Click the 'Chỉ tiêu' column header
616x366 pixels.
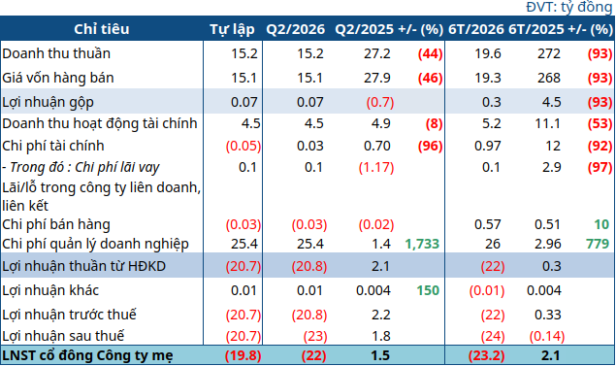(x=101, y=29)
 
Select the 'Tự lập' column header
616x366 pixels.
(x=232, y=29)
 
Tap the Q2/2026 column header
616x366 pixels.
(x=296, y=29)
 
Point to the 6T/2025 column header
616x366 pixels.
(x=536, y=29)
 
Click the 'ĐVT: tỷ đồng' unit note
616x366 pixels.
(x=569, y=7)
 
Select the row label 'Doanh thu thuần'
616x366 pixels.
(x=56, y=53)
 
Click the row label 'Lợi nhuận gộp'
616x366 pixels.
(x=48, y=102)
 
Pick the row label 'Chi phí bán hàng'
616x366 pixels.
(x=56, y=224)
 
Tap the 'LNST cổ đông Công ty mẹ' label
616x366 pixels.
(x=87, y=355)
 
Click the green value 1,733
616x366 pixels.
(x=422, y=244)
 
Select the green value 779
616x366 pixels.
(x=598, y=244)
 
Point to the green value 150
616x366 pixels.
(x=428, y=290)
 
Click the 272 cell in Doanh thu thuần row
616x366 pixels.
(x=549, y=53)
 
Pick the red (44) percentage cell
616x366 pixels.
(x=430, y=53)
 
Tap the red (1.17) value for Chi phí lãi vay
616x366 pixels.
(x=376, y=168)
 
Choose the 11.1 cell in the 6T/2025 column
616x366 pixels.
(x=547, y=123)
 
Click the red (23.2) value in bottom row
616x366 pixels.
(x=486, y=355)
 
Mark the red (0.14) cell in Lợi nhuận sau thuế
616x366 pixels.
(x=547, y=336)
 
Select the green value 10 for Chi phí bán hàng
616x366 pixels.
(x=601, y=224)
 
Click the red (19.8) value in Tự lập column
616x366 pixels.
(x=243, y=355)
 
